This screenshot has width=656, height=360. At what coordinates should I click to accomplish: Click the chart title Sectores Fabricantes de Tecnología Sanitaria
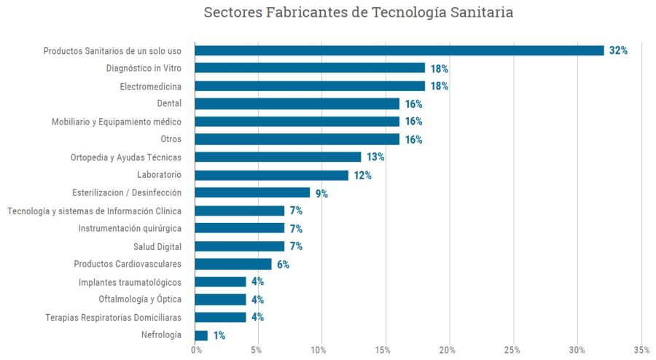click(x=358, y=13)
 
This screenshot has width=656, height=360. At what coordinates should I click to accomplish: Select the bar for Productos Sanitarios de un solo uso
click(x=399, y=50)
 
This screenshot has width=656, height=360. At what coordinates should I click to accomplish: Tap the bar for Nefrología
click(x=201, y=335)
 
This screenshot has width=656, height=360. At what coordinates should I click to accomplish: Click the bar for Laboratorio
click(x=271, y=175)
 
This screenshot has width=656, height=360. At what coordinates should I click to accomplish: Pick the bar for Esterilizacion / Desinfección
click(x=252, y=193)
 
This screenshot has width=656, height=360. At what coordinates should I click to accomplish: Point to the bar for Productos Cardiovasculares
click(x=233, y=264)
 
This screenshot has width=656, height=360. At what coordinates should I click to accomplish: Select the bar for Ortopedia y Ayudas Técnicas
click(x=278, y=157)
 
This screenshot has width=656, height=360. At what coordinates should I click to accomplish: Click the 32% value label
click(x=618, y=51)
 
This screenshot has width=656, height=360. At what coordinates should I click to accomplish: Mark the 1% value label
click(x=219, y=336)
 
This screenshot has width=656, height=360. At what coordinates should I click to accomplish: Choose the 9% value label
click(x=321, y=194)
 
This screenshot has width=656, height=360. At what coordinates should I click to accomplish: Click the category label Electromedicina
click(x=150, y=86)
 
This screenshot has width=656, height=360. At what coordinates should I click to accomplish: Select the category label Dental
click(x=169, y=103)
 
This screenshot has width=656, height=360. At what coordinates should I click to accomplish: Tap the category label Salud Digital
click(x=157, y=246)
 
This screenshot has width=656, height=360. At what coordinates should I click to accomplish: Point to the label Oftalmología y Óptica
click(x=140, y=300)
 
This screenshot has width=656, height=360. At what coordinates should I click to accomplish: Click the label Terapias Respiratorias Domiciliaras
click(x=113, y=317)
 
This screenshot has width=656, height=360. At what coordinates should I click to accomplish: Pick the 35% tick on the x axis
click(x=641, y=351)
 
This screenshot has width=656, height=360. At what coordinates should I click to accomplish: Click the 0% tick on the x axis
click(x=196, y=351)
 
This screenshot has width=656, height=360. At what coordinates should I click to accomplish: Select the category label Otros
click(x=171, y=139)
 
